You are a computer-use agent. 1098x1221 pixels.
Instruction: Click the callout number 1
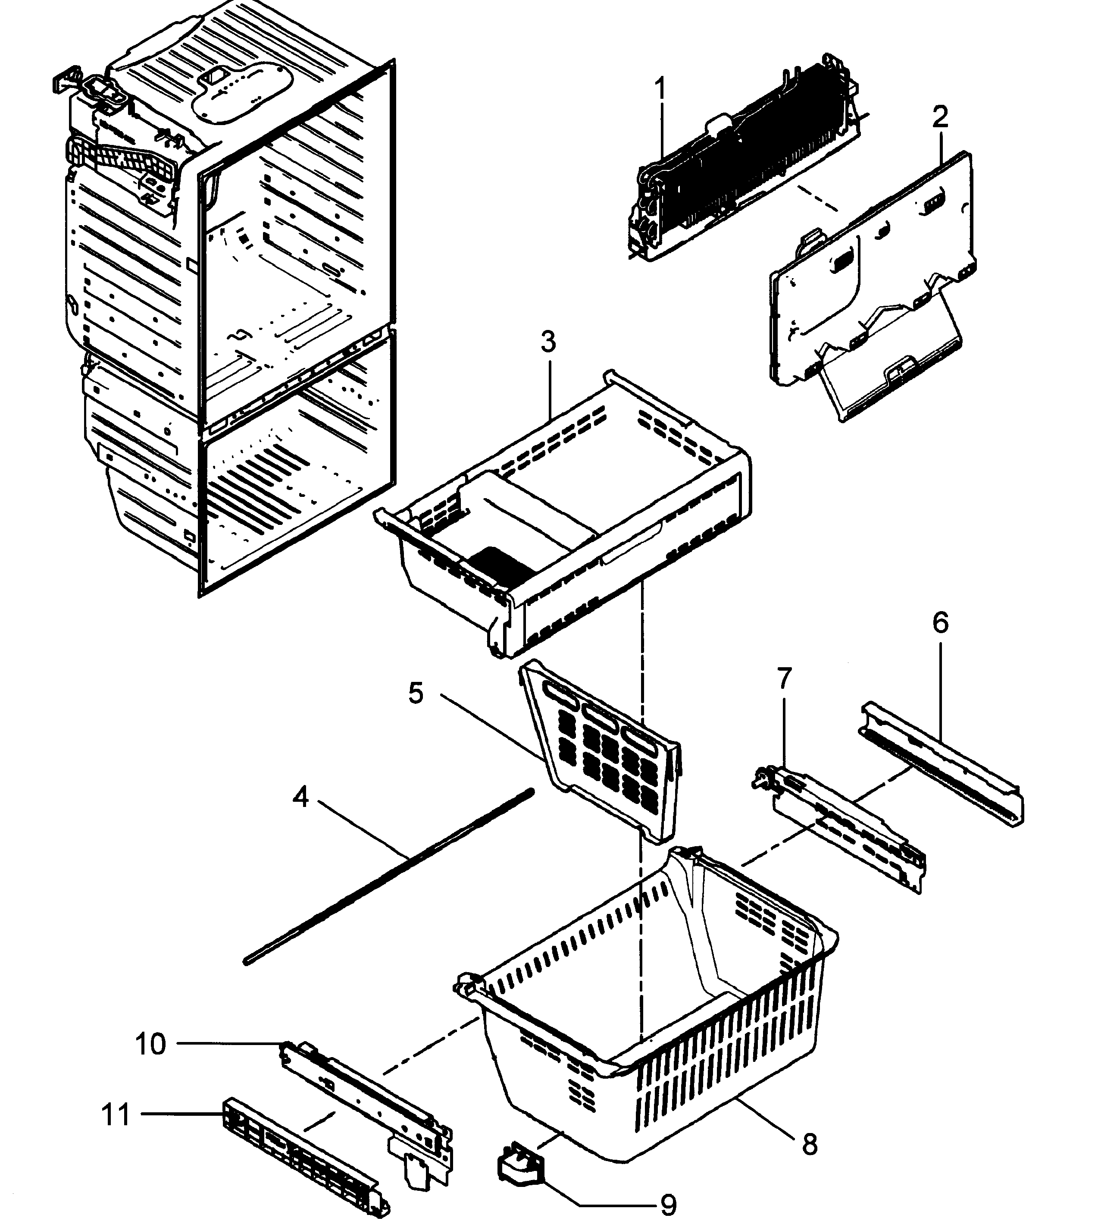click(x=662, y=89)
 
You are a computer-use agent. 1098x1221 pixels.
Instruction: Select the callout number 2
click(x=940, y=117)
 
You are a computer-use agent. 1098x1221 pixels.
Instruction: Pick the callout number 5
click(x=415, y=694)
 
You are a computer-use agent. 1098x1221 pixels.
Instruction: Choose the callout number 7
click(x=784, y=678)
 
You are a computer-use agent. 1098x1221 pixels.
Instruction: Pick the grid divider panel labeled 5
click(x=603, y=754)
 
